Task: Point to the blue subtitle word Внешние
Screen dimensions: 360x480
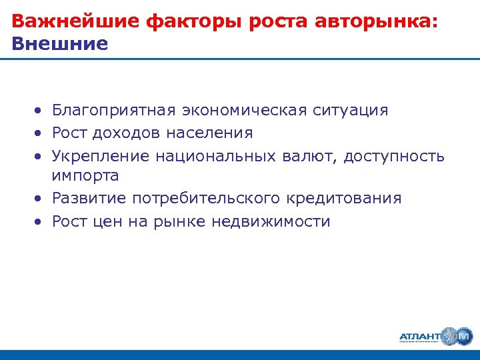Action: pyautogui.click(x=59, y=44)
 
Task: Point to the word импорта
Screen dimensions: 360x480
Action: pyautogui.click(x=85, y=176)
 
